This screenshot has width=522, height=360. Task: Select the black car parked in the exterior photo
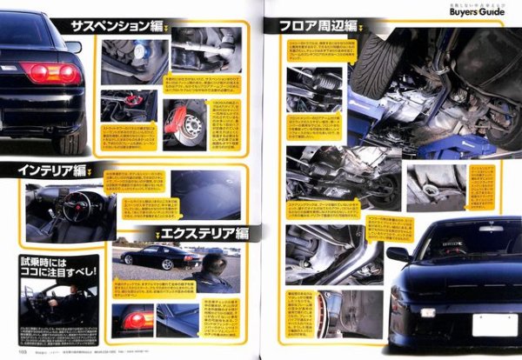coord(150,258)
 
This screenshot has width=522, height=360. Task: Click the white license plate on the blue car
coord(493,325)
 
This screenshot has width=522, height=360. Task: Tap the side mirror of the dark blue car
coord(397,255)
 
